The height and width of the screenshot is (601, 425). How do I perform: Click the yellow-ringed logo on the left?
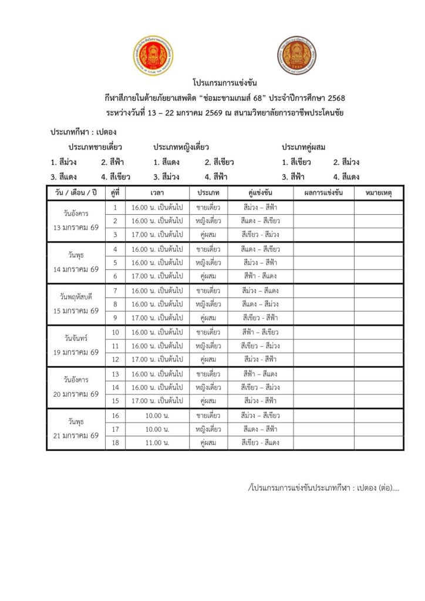pos(153,56)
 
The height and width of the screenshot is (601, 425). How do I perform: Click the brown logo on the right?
pos(298,56)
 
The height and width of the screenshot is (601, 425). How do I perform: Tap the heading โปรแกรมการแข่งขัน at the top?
pos(224,83)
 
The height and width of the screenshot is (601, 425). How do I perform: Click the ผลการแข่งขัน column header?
pos(323,193)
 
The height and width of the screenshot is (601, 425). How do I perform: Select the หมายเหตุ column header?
pos(378,193)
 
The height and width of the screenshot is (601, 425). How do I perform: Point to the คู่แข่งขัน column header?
pos(260,193)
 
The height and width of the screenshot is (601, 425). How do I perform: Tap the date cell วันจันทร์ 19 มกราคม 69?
pos(76,345)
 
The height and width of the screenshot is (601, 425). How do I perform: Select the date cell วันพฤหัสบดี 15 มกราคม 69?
pos(76,304)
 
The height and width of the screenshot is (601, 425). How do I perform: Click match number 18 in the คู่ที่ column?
pos(115,443)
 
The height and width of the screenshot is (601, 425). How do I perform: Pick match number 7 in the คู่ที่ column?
pos(115,291)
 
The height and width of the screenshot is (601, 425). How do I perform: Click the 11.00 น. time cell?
pos(156,443)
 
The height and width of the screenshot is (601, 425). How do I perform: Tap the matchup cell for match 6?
pos(260,276)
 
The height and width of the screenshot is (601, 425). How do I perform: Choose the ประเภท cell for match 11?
pos(208,346)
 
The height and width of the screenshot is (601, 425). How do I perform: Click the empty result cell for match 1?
pos(323,207)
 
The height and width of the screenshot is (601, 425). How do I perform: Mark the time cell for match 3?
pos(156,235)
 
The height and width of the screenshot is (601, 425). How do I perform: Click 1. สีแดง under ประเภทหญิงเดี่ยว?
pos(166,162)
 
